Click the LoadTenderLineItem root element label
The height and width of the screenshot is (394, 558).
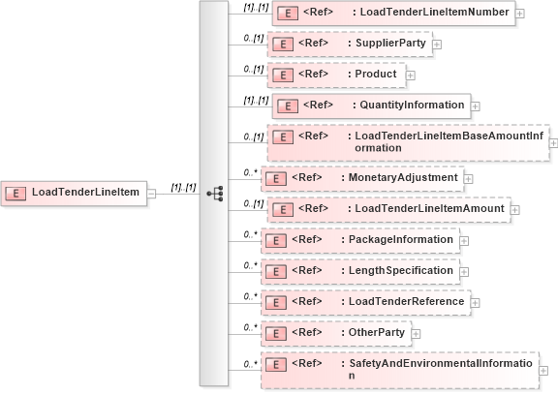(x=85, y=192)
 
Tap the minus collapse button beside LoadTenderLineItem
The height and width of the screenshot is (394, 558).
(x=152, y=193)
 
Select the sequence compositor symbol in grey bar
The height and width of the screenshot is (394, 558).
(x=215, y=193)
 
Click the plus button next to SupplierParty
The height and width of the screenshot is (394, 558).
(x=436, y=44)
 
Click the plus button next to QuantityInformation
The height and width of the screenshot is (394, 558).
(x=474, y=105)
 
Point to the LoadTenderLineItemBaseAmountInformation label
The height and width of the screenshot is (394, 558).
(x=445, y=141)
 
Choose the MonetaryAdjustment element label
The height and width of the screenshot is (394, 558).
(x=401, y=178)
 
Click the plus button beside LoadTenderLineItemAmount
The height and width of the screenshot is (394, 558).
(x=514, y=209)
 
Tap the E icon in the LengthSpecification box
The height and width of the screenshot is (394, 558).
(x=275, y=271)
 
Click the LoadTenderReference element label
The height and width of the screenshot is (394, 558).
(x=403, y=301)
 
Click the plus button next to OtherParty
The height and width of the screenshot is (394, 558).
(x=416, y=333)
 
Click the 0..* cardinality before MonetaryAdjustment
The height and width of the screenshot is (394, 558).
(x=250, y=170)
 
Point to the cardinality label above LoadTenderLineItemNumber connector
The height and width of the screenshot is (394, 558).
(x=256, y=6)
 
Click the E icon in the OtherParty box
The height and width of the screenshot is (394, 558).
(x=275, y=333)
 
